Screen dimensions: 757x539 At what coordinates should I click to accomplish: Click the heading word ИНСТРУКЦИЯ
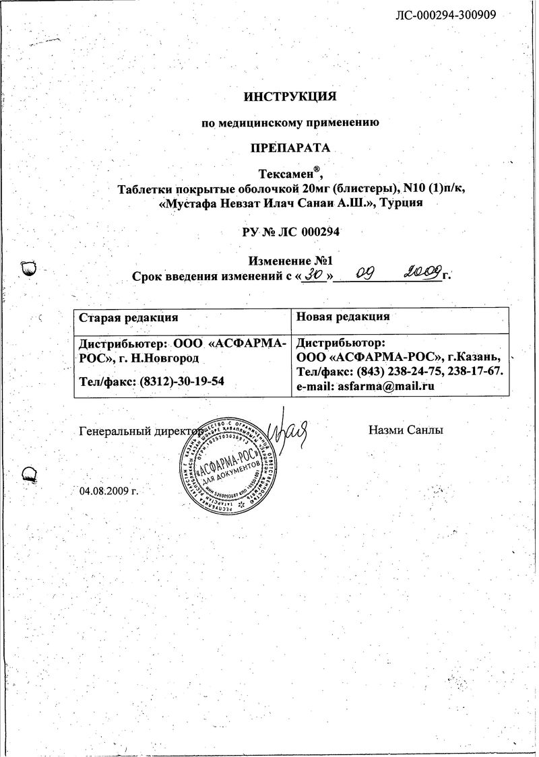click(290, 96)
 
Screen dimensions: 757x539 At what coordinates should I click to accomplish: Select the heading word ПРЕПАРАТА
click(290, 147)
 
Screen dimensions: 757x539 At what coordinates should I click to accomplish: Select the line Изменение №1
click(290, 261)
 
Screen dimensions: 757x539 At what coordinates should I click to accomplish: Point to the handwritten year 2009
click(422, 273)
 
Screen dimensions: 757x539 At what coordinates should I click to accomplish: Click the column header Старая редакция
click(129, 317)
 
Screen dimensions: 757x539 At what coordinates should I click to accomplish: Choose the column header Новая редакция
click(343, 317)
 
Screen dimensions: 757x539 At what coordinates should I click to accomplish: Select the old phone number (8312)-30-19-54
click(182, 381)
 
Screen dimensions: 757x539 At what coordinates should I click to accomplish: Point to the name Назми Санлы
click(406, 430)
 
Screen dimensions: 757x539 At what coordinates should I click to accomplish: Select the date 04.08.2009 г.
click(108, 490)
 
